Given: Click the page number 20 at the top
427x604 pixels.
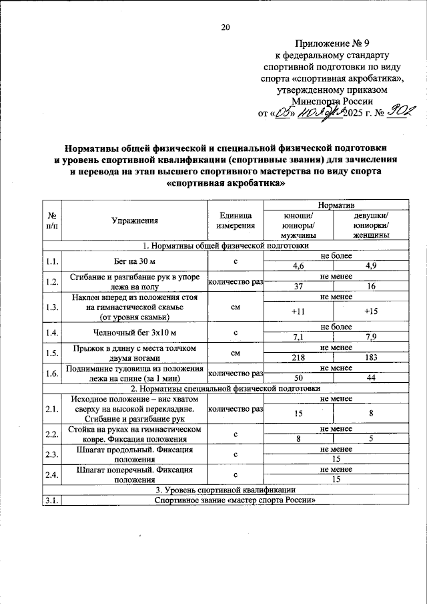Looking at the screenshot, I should [225, 27].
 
